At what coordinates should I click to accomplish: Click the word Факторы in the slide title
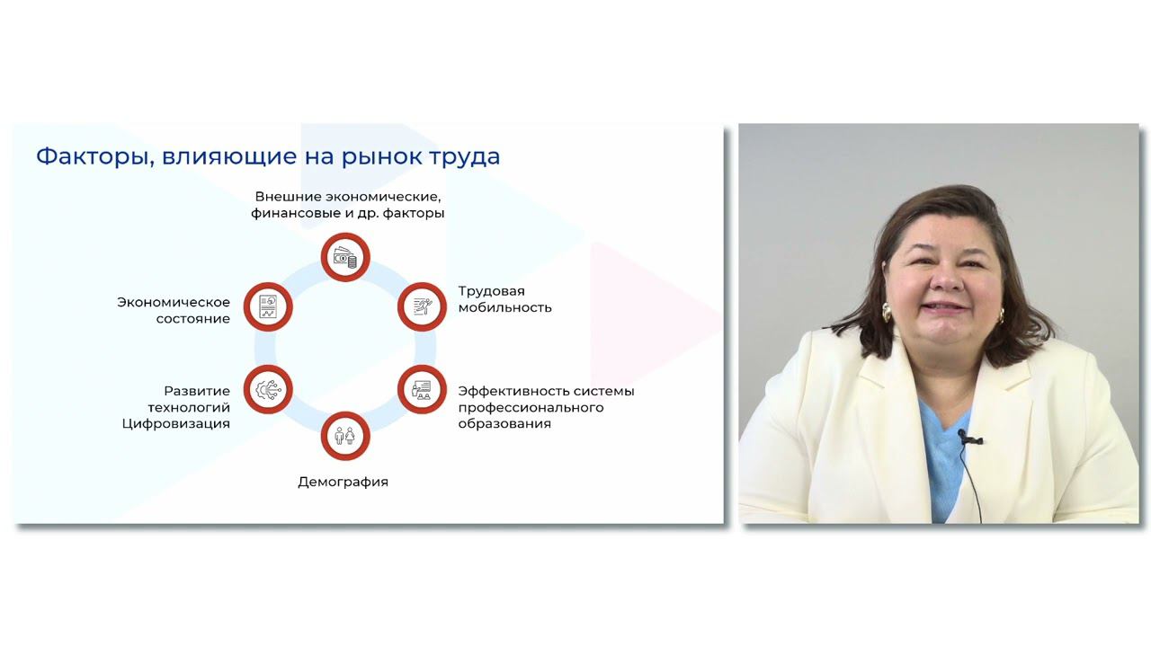point(85,156)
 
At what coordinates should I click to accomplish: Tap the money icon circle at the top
point(345,258)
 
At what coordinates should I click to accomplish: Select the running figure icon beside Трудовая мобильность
point(422,306)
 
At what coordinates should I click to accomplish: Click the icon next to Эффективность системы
point(422,390)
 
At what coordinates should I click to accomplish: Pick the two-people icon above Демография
point(345,436)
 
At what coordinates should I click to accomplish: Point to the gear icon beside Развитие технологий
point(268,390)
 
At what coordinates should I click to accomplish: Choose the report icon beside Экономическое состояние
point(268,306)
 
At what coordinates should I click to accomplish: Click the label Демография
point(343,482)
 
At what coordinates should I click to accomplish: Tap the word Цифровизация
point(176,423)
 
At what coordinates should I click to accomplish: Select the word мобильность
point(504,307)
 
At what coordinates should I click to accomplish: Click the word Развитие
point(197,391)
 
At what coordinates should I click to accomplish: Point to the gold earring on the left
point(886,313)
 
